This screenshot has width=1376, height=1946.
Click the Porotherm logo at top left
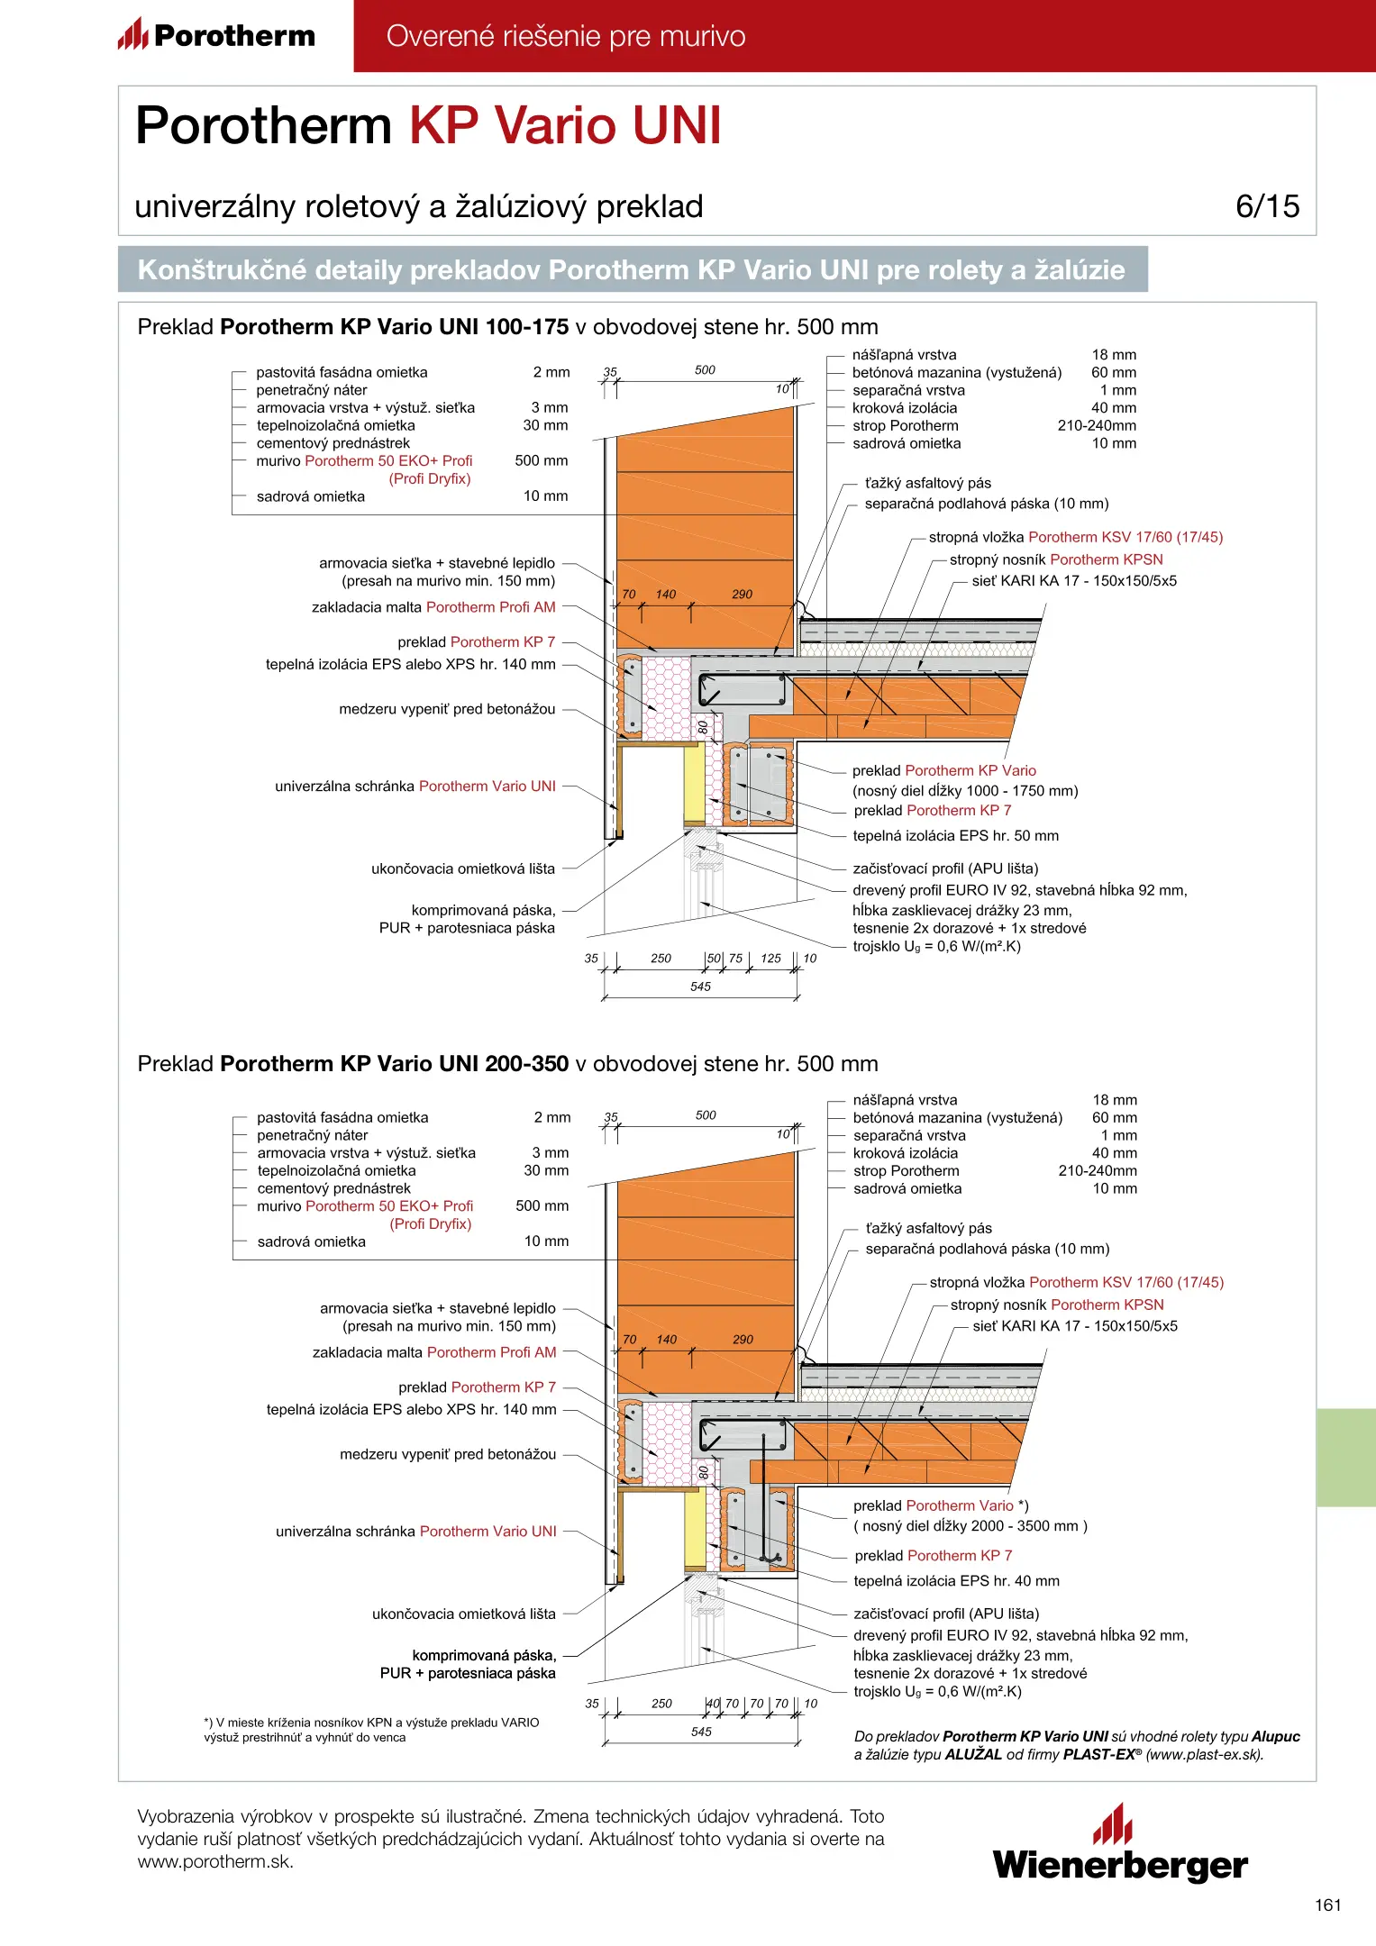(216, 36)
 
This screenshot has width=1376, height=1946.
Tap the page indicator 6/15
(1267, 206)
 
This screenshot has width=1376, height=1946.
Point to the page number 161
(1327, 1905)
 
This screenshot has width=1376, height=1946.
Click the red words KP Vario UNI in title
(565, 125)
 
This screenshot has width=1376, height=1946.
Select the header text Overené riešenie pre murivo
(566, 37)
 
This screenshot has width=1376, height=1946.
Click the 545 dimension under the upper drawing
(701, 987)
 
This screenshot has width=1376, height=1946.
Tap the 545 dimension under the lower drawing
(701, 1732)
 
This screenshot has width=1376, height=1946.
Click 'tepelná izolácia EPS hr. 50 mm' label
(955, 836)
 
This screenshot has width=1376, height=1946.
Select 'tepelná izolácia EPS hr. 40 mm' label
(956, 1581)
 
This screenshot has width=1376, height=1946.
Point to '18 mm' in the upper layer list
(1114, 355)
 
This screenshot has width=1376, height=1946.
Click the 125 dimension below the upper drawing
(770, 959)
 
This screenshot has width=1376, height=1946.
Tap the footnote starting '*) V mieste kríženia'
(371, 1730)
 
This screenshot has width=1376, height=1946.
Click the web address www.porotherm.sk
(214, 1862)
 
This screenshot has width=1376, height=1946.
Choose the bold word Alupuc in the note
(1275, 1736)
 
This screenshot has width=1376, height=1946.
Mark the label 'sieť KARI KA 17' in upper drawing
(1074, 581)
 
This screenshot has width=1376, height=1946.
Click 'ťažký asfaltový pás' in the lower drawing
(928, 1228)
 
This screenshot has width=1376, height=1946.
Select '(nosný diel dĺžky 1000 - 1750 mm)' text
(965, 791)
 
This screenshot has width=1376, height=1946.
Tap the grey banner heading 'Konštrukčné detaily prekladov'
(631, 270)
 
